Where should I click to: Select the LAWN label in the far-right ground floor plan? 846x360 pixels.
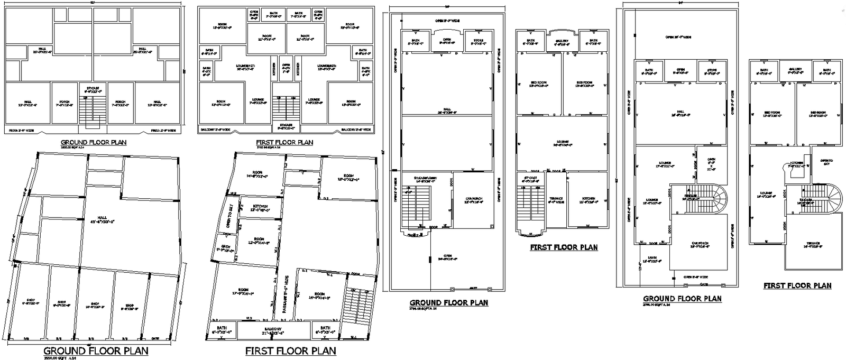click(x=652, y=259)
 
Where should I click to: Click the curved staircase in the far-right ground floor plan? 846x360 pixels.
click(x=709, y=199)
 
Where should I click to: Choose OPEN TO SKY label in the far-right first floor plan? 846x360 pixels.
click(x=826, y=162)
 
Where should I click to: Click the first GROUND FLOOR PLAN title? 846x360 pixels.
click(x=94, y=142)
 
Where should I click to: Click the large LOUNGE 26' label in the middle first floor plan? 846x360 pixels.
click(x=562, y=143)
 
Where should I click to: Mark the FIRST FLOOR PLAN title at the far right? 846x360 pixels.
click(x=797, y=285)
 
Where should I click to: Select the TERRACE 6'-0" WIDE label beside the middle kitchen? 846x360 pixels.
click(x=555, y=200)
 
